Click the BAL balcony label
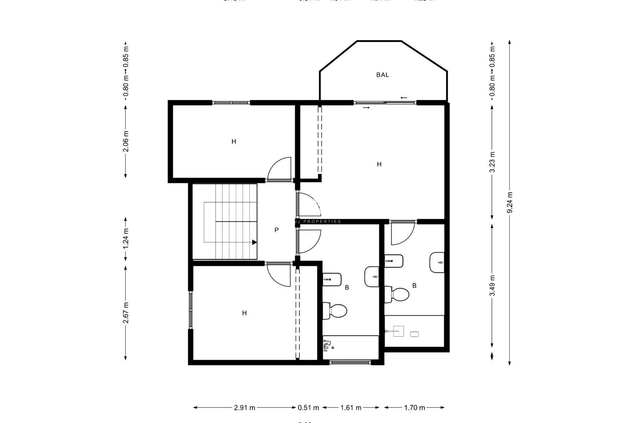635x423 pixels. click(x=382, y=75)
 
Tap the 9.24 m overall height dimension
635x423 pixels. click(x=510, y=203)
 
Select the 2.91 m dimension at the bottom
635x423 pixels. click(x=244, y=407)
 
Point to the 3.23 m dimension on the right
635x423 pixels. click(x=492, y=162)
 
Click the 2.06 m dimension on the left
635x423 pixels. click(x=126, y=141)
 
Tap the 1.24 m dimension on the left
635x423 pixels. click(x=126, y=239)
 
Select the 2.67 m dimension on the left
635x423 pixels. click(x=126, y=313)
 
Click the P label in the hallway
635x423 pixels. click(x=276, y=230)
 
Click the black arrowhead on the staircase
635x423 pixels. click(x=254, y=242)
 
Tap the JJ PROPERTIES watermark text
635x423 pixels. click(x=318, y=222)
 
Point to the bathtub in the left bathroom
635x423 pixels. click(x=351, y=347)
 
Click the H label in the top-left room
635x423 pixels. click(x=234, y=142)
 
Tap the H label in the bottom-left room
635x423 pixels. click(x=244, y=313)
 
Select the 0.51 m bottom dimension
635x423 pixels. click(x=308, y=407)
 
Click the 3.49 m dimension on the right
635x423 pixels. click(x=492, y=286)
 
